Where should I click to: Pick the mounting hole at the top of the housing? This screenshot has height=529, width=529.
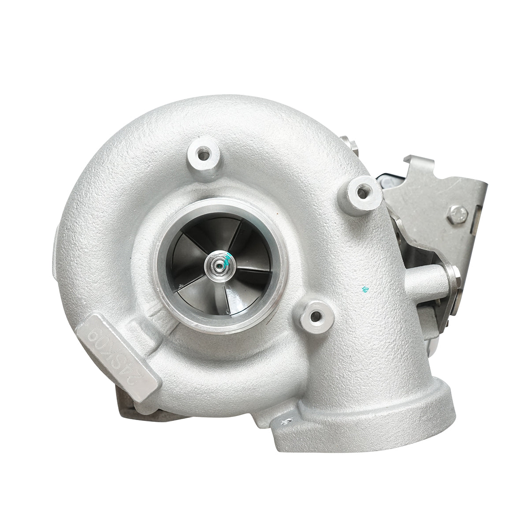pos(202,155)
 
